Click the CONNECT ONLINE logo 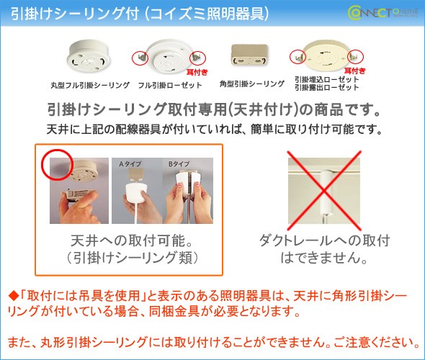[x=382, y=13]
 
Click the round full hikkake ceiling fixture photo [x=89, y=56]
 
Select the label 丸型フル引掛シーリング [x=90, y=86]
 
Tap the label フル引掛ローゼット [x=170, y=86]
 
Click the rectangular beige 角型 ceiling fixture [x=250, y=55]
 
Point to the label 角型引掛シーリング [x=252, y=84]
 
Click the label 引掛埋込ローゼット [x=327, y=80]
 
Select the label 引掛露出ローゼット [x=327, y=88]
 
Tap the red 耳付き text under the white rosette [x=197, y=72]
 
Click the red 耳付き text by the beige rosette [x=355, y=71]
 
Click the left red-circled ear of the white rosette [x=140, y=58]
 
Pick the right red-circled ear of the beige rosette [x=355, y=56]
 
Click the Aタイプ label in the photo [x=130, y=163]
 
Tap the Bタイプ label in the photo [x=179, y=163]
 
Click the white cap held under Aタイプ [x=137, y=193]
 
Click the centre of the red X [x=324, y=190]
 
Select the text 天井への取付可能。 [x=132, y=240]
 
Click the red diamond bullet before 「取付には [x=13, y=296]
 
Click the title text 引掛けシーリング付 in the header [x=75, y=14]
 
